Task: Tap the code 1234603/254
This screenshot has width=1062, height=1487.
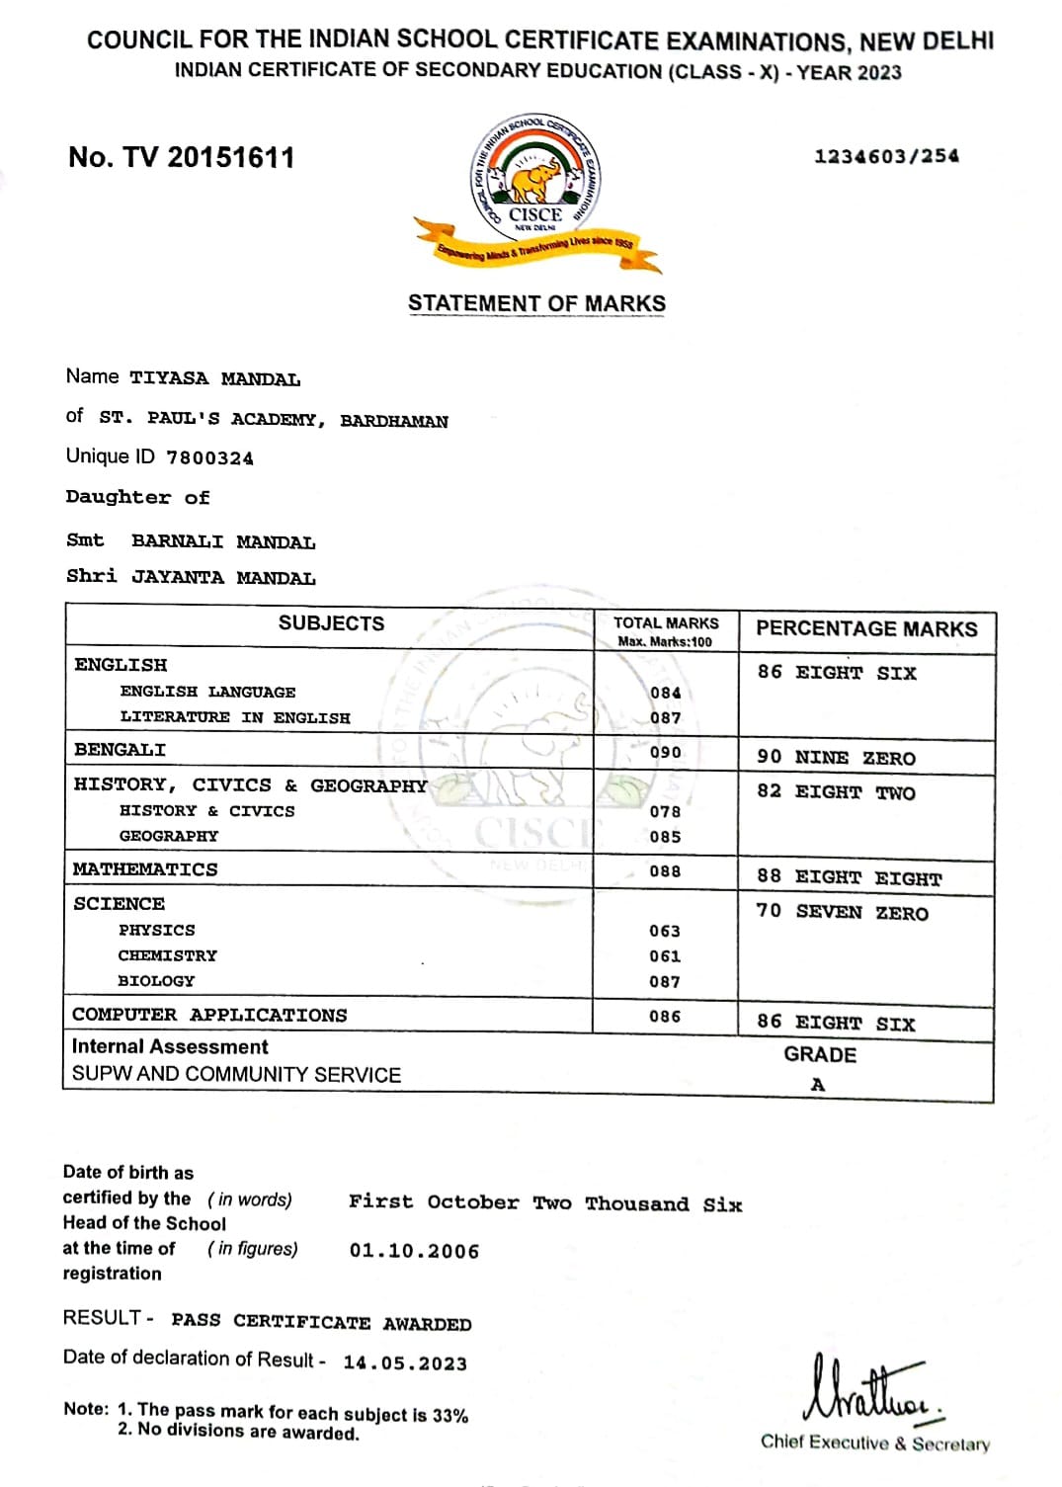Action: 886,156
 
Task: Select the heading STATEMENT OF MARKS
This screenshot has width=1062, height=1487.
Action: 536,303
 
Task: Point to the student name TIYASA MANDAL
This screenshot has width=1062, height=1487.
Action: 214,378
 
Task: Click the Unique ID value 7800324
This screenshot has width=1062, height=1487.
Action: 209,458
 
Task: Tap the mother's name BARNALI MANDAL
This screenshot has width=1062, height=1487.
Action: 223,541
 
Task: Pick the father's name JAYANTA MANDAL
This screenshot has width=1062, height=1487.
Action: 223,578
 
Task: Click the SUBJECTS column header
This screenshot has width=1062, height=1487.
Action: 331,623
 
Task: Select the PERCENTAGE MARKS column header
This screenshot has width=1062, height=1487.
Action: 865,629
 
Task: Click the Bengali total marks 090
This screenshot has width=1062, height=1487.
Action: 665,752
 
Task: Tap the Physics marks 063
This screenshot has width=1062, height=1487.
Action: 665,931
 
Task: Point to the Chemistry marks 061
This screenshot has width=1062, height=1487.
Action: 665,956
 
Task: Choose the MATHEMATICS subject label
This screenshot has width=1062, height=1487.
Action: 145,869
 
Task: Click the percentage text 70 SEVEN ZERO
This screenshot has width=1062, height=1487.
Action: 842,912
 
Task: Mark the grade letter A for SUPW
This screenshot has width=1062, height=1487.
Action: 818,1085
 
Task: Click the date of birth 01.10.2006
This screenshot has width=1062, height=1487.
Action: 414,1251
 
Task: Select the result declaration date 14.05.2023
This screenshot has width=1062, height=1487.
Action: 405,1363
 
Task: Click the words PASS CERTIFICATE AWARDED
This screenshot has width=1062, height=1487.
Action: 321,1322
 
